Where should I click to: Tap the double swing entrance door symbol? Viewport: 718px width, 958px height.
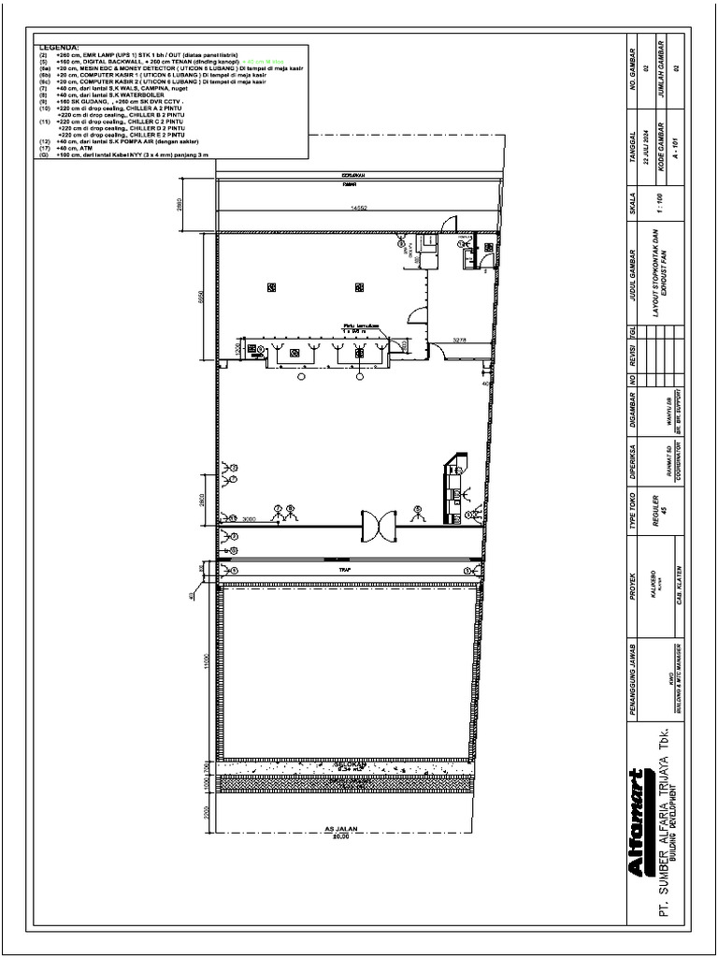tap(380, 527)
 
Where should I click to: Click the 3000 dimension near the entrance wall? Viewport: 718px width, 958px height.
tap(249, 518)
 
